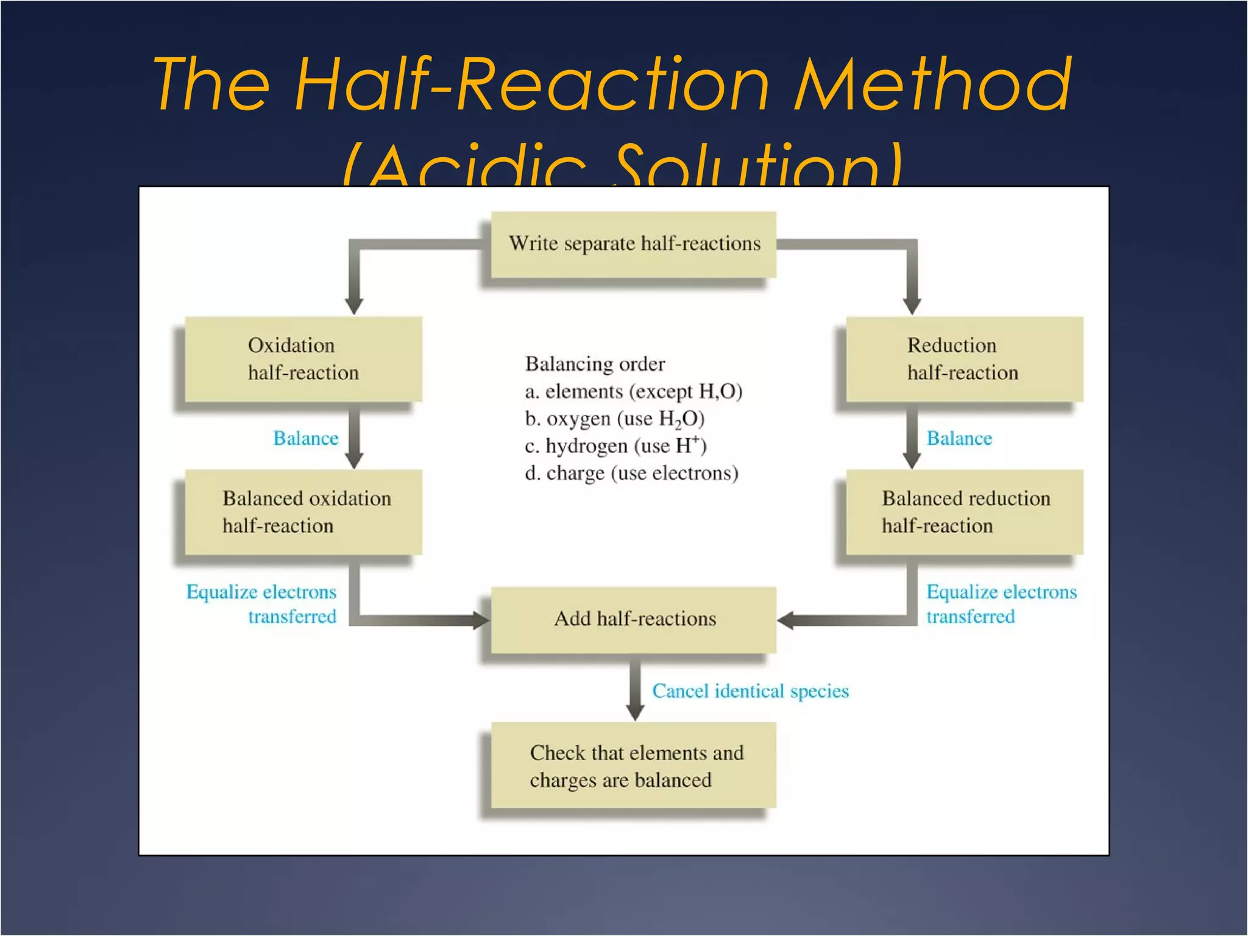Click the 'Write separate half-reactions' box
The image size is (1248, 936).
coord(633,244)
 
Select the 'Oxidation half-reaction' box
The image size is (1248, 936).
coord(303,359)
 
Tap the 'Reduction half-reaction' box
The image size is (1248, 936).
coord(964,359)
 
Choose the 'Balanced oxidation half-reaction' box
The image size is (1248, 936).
coord(303,512)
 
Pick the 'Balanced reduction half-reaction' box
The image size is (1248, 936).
coord(964,512)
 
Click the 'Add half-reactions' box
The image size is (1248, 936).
coord(633,619)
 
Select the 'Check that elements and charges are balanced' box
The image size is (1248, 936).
coord(633,765)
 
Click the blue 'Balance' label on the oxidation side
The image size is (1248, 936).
coord(305,438)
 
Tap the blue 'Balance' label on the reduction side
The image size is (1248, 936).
coord(959,438)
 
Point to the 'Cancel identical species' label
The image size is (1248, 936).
coord(750,691)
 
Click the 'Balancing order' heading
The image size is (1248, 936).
coord(595,364)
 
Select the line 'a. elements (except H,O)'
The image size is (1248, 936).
coord(633,391)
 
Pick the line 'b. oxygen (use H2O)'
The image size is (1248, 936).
coord(614,419)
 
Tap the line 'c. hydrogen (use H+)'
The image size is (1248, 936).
coord(615,446)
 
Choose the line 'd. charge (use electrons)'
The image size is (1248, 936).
coord(631,473)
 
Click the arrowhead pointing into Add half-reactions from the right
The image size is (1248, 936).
coord(786,620)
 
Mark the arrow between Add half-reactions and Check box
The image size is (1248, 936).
coord(635,689)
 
